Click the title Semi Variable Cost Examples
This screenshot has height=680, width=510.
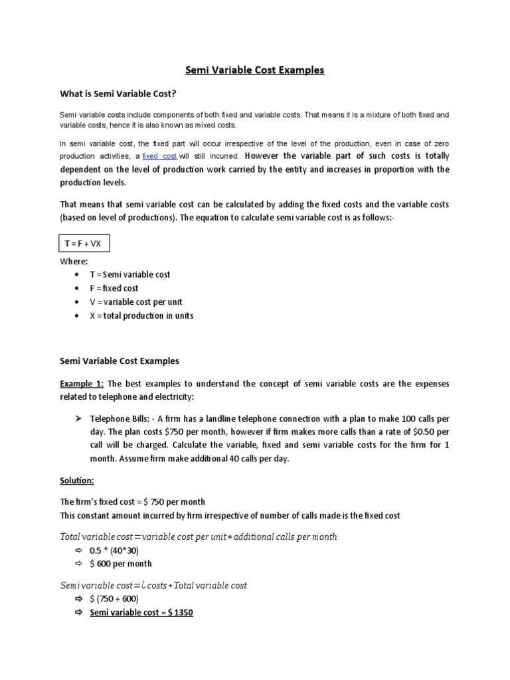coord(254,70)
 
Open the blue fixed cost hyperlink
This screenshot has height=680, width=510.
coord(159,156)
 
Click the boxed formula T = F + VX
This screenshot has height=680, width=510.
coord(83,244)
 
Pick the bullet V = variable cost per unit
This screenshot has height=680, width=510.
coord(136,302)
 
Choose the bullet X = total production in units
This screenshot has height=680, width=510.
coord(141,316)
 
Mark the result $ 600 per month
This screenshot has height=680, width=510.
coord(121,564)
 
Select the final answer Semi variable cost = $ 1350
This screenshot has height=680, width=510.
coord(141,612)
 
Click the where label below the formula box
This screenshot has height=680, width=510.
coord(74,262)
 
